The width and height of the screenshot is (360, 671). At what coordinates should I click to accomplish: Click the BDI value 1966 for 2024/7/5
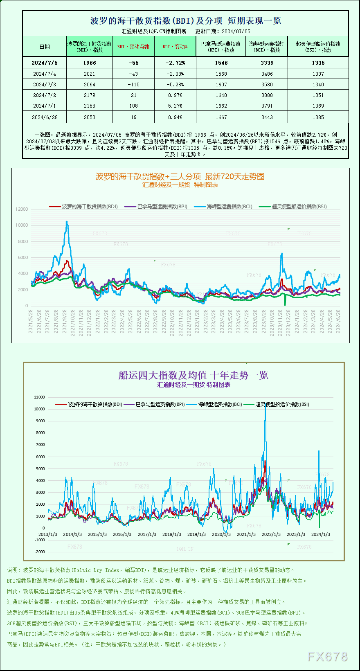89,63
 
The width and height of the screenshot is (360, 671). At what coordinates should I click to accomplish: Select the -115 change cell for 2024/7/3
133,85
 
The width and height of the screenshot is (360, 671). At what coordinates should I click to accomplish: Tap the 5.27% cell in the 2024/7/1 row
175,106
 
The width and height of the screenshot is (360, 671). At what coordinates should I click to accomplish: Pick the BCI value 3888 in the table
267,95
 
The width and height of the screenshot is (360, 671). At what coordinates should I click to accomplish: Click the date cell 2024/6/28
45,117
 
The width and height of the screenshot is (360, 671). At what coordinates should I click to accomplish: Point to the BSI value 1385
318,117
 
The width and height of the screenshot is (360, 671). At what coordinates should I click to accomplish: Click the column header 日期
45,47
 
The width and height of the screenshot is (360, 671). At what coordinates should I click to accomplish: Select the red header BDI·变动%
175,47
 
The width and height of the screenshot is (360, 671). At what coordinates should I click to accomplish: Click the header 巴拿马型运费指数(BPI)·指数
221,47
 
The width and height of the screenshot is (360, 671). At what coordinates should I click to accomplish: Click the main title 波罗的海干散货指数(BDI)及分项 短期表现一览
185,21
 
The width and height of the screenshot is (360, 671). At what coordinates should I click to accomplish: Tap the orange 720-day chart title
180,176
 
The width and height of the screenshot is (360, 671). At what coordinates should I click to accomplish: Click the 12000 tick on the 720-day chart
22,209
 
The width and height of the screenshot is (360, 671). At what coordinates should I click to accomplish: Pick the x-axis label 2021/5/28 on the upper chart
31,321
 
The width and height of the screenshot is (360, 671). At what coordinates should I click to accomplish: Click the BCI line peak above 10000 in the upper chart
67,222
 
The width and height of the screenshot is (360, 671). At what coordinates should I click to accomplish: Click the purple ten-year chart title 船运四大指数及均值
193,375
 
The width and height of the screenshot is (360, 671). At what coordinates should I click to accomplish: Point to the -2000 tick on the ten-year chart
40,552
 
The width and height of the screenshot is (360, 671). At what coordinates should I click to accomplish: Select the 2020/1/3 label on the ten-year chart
221,534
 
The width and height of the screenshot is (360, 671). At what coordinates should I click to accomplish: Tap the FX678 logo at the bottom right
327,657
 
